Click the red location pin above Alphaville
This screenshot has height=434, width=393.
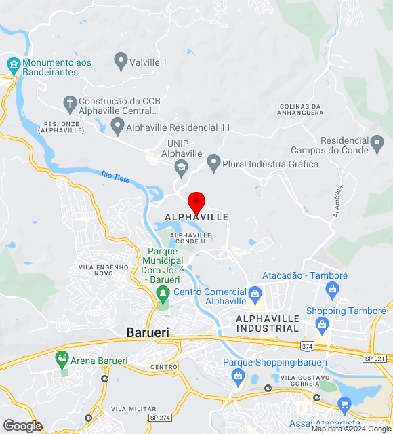196,201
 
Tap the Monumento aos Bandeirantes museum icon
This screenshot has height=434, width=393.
14,65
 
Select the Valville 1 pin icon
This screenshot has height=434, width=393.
121,62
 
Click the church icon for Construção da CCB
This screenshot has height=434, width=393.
68,104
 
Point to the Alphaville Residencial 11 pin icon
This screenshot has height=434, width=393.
117,127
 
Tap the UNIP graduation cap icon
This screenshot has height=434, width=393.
181,167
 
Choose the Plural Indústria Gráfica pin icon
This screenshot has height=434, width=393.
214,163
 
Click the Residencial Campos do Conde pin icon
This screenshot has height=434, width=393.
378,144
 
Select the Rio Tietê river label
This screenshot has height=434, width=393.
115,177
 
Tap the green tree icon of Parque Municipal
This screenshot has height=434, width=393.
162,293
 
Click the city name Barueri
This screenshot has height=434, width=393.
148,332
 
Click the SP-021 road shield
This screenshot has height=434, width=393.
374,358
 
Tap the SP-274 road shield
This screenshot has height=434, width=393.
159,418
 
